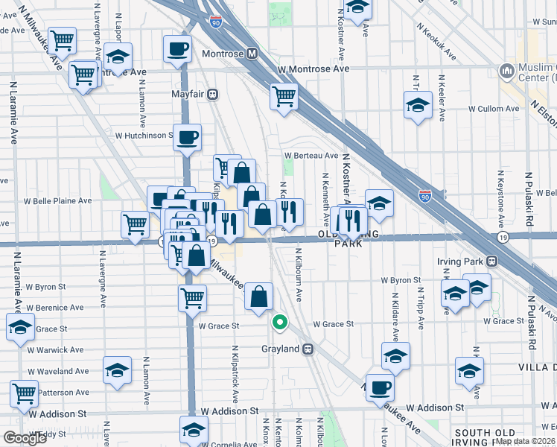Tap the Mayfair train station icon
(212, 95)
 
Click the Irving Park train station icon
(491, 262)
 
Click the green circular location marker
(280, 323)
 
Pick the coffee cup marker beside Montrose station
(177, 50)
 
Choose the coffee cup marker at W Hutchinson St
(188, 137)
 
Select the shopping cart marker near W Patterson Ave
(25, 392)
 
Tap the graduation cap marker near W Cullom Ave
(418, 106)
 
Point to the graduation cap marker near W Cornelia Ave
(194, 429)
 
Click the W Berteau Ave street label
(311, 156)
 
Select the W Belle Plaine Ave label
(58, 200)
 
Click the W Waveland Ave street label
(58, 371)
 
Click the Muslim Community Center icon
(507, 72)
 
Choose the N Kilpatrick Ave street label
(235, 375)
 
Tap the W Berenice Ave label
(56, 308)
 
